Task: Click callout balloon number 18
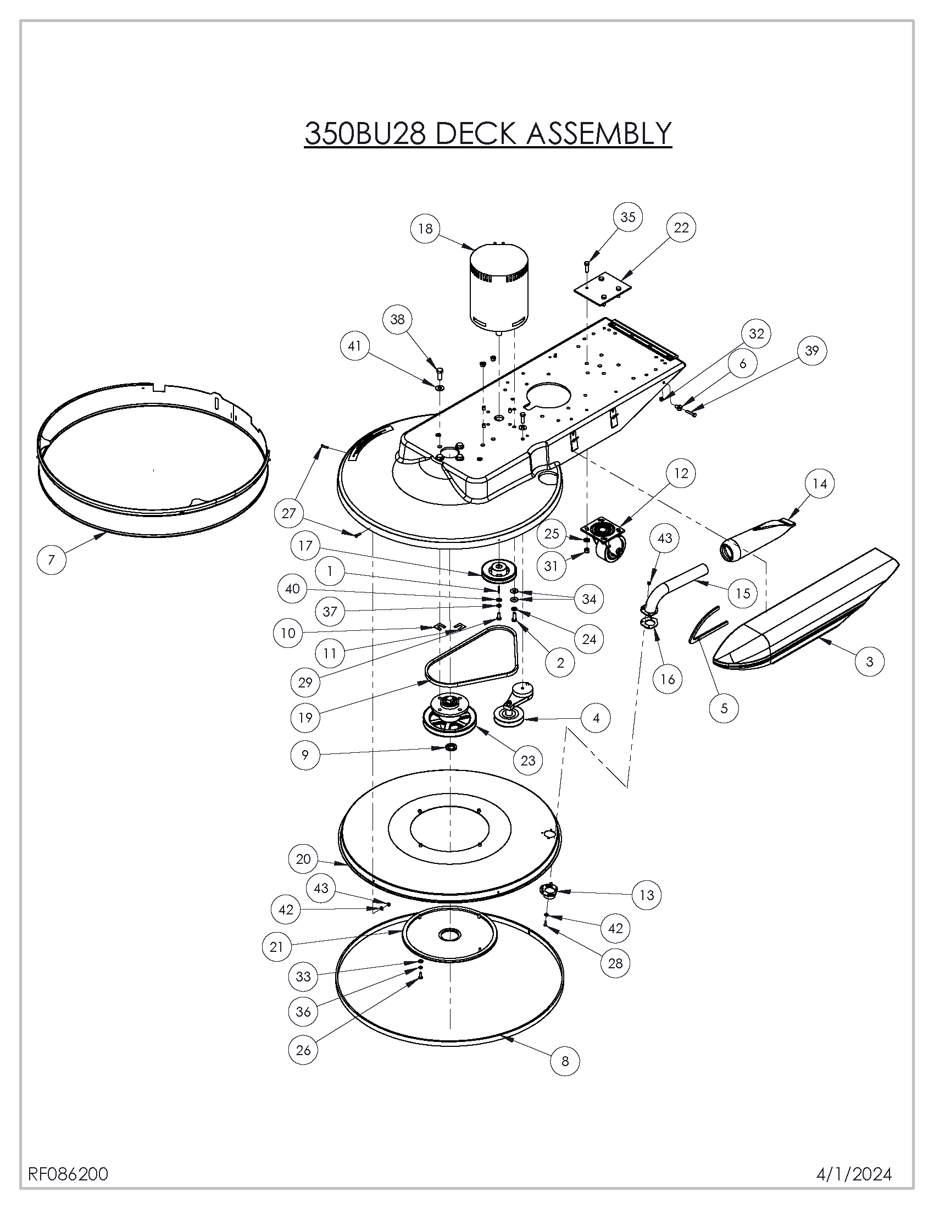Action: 425,229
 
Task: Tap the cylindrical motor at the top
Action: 498,288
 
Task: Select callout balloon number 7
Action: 52,559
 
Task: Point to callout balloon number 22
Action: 681,228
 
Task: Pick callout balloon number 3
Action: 869,661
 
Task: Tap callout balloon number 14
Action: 820,484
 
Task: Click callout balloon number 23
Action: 528,760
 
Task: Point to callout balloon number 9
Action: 305,754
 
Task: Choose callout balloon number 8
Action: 565,1061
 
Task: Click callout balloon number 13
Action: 646,895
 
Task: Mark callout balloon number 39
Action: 811,351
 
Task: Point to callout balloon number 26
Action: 303,1050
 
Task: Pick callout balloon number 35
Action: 627,217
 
